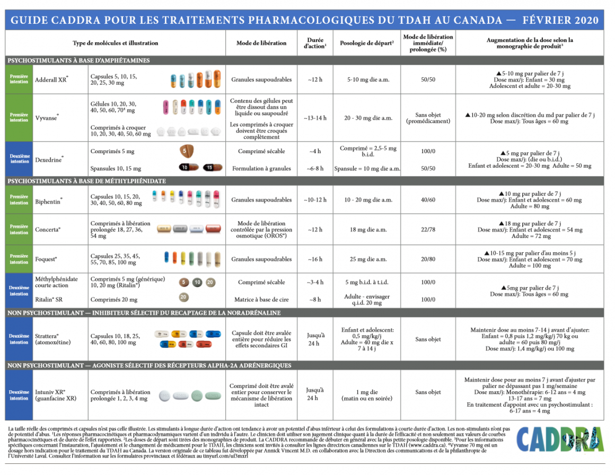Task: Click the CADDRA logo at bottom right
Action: [559, 439]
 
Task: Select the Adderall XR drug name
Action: [51, 80]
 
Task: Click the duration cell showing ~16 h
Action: [315, 259]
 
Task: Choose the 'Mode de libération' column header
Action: [261, 43]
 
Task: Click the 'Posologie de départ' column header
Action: [366, 43]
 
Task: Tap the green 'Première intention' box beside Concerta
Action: [19, 230]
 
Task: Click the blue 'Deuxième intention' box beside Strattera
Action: [19, 339]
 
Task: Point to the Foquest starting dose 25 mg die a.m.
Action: [366, 259]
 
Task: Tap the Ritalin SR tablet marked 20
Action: [183, 297]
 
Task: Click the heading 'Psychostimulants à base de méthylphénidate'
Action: [87, 181]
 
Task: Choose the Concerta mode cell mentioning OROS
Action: [261, 230]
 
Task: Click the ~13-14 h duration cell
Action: [315, 118]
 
